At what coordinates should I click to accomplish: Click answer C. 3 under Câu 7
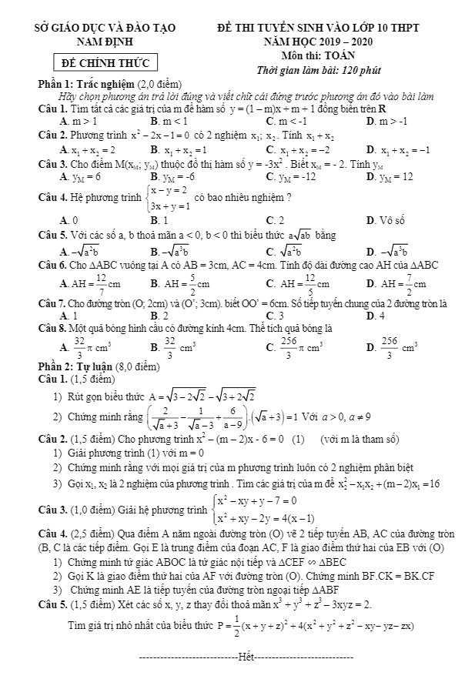(x=272, y=316)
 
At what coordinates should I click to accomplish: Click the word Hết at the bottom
(x=246, y=659)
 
